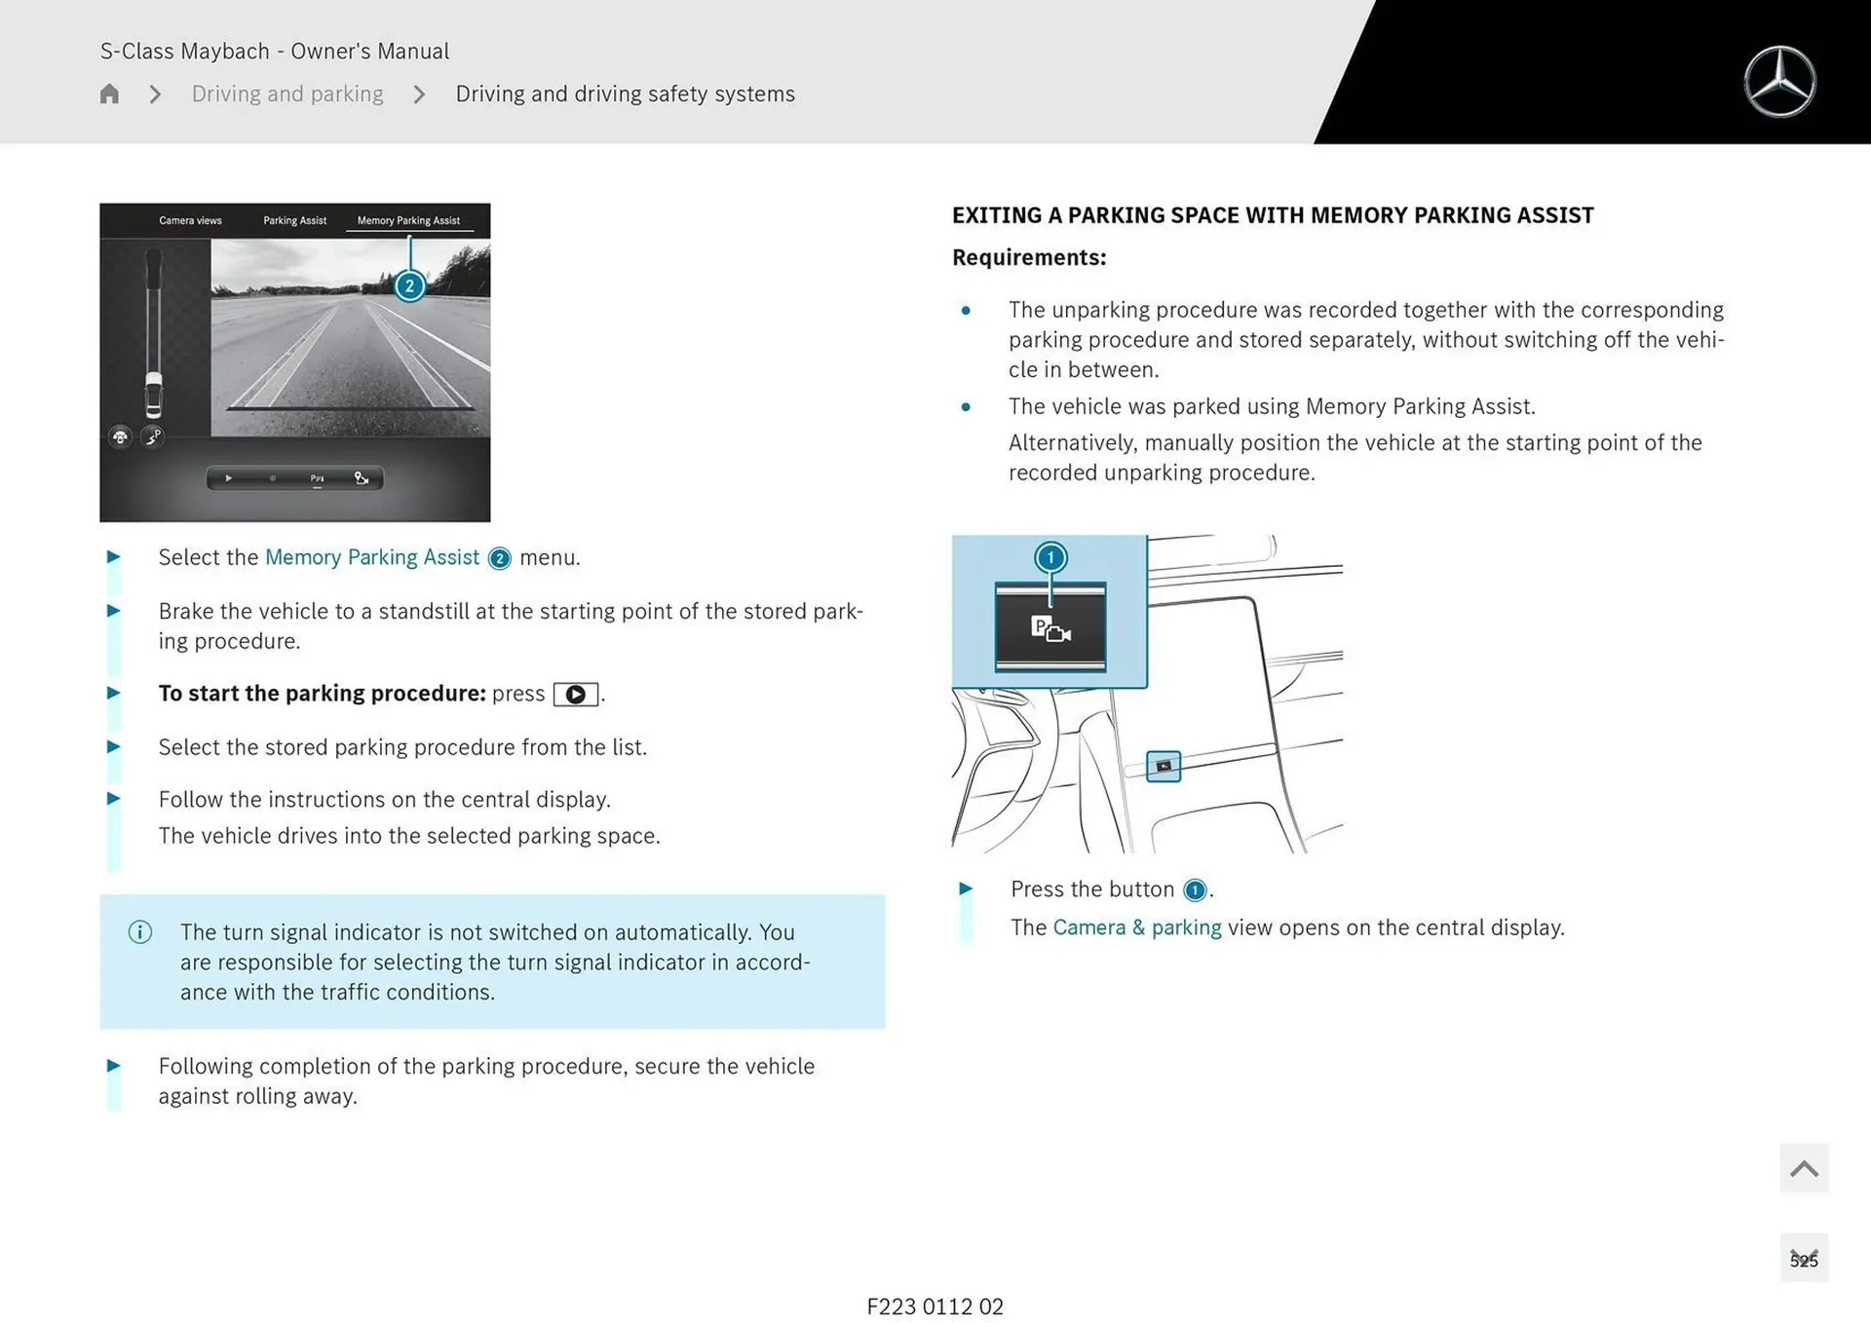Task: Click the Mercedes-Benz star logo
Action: (1779, 82)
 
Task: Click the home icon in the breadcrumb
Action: (109, 94)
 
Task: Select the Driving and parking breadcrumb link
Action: (287, 94)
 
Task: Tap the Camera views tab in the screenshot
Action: (190, 220)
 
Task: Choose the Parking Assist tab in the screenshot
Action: (294, 220)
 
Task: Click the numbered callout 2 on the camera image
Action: (409, 285)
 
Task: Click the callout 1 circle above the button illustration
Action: (1050, 557)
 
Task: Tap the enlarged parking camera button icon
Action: (1050, 628)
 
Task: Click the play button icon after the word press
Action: (576, 694)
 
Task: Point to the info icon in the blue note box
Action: (140, 932)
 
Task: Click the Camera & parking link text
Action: (1137, 927)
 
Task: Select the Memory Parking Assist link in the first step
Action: (372, 557)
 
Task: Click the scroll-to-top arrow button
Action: (1804, 1168)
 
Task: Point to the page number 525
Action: (1804, 1260)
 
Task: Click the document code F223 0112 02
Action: (935, 1306)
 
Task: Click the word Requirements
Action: (1029, 257)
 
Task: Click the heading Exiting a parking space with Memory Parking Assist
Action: (1273, 215)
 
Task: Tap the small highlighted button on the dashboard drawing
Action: (1164, 766)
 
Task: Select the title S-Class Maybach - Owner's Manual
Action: (275, 51)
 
